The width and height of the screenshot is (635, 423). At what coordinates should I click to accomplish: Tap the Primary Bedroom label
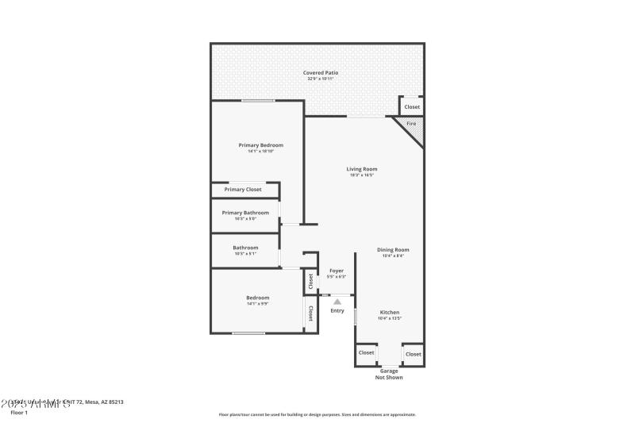coord(260,145)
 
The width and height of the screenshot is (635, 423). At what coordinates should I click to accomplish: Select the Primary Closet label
coord(243,190)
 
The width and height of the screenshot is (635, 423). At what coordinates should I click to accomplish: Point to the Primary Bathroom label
coord(245,213)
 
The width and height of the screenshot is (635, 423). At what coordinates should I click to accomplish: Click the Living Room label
coord(361,169)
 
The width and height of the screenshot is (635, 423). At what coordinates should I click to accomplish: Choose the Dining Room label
coord(393,250)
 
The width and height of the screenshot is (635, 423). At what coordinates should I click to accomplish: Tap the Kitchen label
coord(389,313)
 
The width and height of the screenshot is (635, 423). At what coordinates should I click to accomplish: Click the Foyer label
coord(337,271)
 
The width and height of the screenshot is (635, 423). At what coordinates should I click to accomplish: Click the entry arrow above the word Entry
coord(337,302)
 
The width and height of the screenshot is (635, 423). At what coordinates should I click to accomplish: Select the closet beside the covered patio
coord(412,106)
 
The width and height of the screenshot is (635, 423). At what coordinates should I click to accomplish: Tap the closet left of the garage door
coord(366,353)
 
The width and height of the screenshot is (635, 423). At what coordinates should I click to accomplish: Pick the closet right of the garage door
coord(413,354)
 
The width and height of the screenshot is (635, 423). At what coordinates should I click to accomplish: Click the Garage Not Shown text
coord(389,374)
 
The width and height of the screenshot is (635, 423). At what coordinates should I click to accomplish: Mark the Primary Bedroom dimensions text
coord(260,152)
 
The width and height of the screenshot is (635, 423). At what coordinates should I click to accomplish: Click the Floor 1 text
coord(18,413)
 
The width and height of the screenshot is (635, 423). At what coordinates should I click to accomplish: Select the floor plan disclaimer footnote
coord(317,414)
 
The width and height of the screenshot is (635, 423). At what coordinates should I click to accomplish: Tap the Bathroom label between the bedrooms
coord(245,248)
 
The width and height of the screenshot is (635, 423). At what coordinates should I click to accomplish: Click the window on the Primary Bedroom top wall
coord(258,101)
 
